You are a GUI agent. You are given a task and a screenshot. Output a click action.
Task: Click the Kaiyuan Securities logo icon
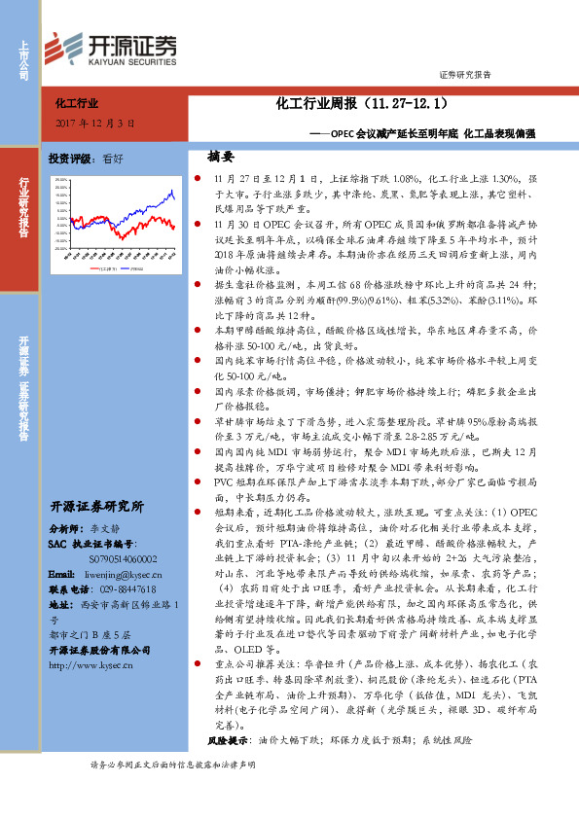point(68,46)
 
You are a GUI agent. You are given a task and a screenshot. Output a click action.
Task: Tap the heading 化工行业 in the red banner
point(79,101)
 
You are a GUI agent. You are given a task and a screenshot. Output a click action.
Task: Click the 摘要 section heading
point(221,157)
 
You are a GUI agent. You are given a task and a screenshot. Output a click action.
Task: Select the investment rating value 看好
point(113,159)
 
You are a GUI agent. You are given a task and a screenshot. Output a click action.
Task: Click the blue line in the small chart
point(165,199)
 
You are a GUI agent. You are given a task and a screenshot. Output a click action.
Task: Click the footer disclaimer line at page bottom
point(172,793)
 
